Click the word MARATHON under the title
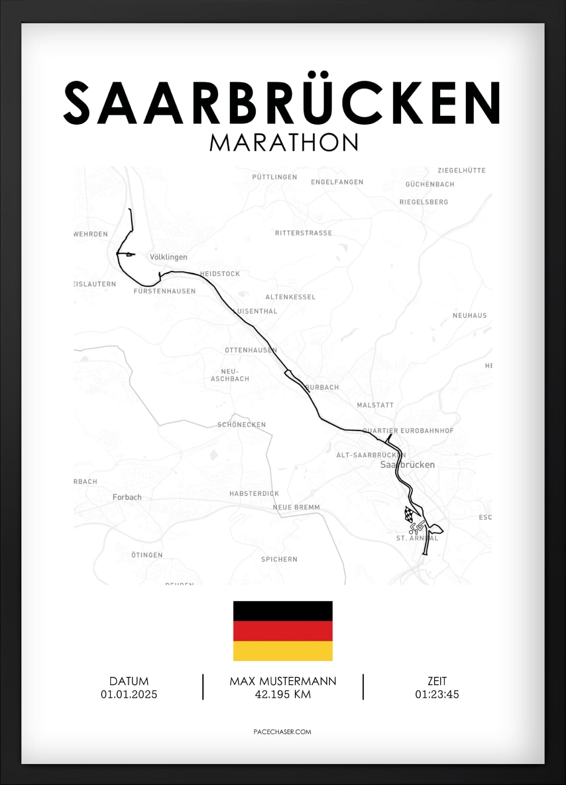(283, 143)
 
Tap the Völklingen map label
(168, 257)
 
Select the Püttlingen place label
(274, 177)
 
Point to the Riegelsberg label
(424, 202)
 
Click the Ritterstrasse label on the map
(304, 233)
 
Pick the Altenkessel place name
(290, 297)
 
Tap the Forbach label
(127, 497)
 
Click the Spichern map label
(279, 559)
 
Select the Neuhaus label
(469, 315)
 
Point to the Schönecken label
(242, 425)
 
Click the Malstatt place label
(375, 405)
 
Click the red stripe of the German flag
(283, 631)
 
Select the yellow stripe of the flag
(283, 651)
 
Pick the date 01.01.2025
(129, 694)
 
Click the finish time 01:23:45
(437, 694)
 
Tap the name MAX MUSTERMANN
(283, 681)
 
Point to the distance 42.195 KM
(283, 694)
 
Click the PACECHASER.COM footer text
(282, 732)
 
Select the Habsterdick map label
(254, 494)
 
